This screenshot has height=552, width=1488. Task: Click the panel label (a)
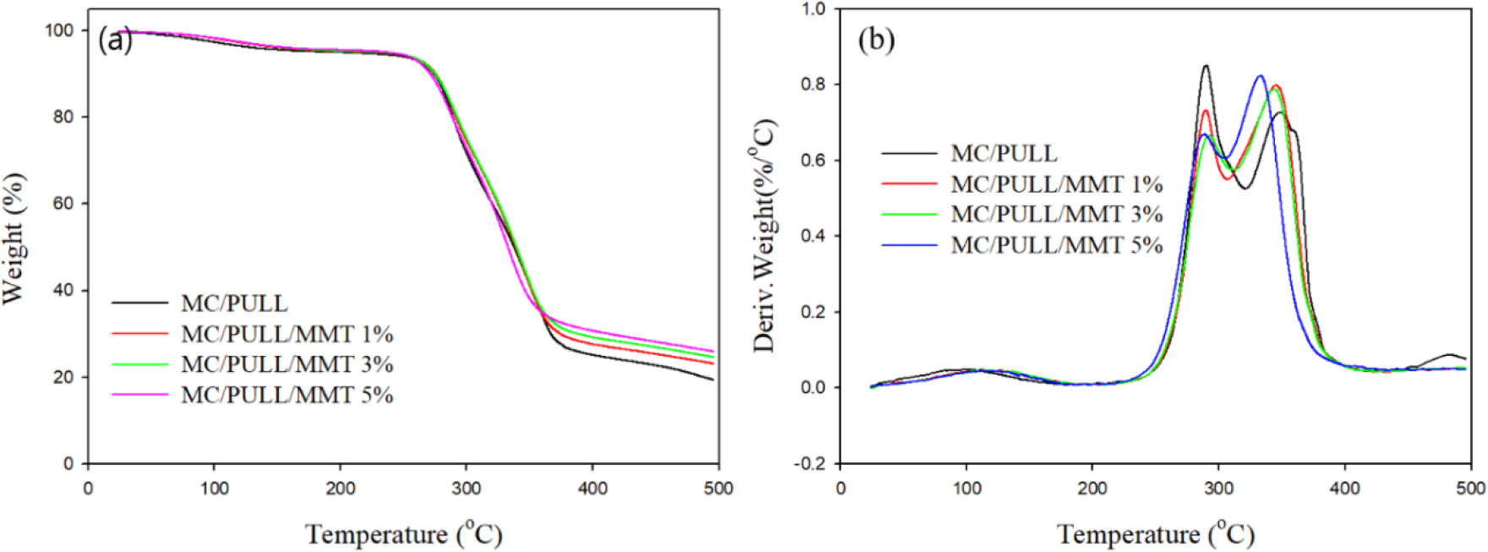pos(115,40)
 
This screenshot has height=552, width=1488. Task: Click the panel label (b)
pos(876,40)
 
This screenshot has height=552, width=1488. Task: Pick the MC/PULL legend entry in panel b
pos(1004,154)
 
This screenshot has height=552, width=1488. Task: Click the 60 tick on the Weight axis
pos(64,204)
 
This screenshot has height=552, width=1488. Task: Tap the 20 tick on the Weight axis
pos(64,377)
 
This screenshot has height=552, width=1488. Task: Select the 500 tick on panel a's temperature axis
pos(719,489)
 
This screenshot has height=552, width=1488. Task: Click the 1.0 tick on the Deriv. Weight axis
pos(813,9)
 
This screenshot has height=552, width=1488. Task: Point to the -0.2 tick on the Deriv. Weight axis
pos(810,464)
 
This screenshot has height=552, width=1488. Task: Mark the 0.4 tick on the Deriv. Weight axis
pos(813,236)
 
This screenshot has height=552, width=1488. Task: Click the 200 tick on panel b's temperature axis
pos(1091,489)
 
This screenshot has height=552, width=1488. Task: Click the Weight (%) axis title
pos(14,238)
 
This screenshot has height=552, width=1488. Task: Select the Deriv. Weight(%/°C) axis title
pos(764,236)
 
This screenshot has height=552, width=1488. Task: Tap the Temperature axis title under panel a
pos(403,534)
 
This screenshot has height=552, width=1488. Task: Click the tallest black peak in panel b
pos(1206,66)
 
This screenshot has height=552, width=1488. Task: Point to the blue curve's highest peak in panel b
pos(1260,76)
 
